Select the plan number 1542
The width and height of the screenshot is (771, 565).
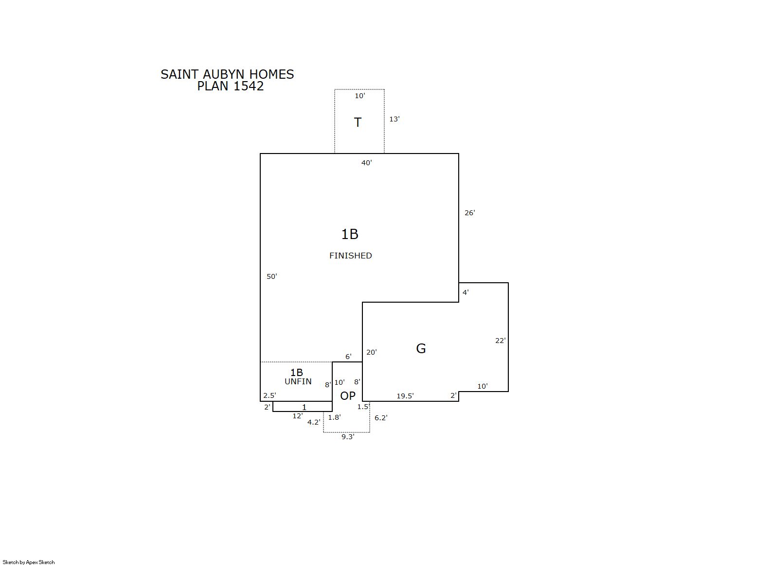tap(248, 86)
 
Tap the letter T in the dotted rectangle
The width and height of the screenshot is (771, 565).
tap(358, 122)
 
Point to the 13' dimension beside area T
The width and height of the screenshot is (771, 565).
tap(394, 119)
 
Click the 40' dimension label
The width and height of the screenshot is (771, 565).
tap(367, 163)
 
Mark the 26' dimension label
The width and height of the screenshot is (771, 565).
tap(470, 213)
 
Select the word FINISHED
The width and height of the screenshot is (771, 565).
tap(350, 256)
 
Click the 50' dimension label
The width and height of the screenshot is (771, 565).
tap(272, 276)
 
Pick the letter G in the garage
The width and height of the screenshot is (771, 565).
tap(421, 348)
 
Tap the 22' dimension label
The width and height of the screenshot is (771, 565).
tap(501, 341)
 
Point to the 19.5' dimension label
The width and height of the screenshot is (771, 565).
tap(405, 396)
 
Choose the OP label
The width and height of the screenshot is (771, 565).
tap(348, 396)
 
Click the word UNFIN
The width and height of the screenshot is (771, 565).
tap(298, 381)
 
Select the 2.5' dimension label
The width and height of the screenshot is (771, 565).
tap(270, 395)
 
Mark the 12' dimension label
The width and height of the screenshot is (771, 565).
tap(298, 416)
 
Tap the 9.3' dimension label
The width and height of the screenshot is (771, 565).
tap(348, 437)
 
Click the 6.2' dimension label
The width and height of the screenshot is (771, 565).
tap(381, 418)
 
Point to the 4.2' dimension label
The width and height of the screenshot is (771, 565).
tap(314, 422)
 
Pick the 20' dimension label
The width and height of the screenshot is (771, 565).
tap(372, 352)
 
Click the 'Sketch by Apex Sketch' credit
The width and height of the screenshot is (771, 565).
tap(29, 562)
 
